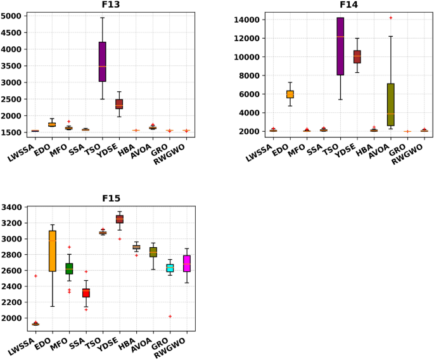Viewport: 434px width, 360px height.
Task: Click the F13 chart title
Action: (111, 5)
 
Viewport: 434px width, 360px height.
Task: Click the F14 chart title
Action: (349, 5)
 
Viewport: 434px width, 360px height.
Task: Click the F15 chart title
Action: (111, 198)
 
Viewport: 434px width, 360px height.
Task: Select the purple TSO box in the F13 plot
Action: (102, 61)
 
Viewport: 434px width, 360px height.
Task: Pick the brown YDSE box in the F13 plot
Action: (119, 104)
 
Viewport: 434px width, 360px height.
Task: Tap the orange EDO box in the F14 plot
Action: (290, 94)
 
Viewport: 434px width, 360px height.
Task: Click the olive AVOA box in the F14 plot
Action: (391, 105)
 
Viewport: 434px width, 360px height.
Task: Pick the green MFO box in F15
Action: (68, 268)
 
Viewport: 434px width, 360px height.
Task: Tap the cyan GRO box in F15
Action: (170, 268)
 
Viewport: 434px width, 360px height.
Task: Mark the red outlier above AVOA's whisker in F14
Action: (391, 18)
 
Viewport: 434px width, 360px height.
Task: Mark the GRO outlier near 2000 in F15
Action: (170, 316)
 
